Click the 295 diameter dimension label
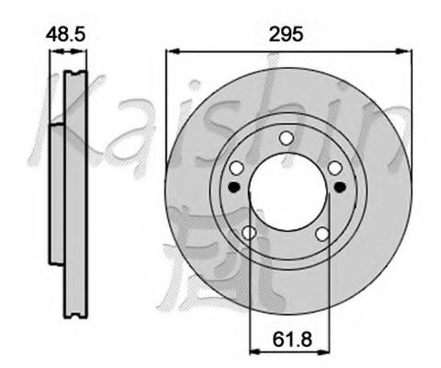pyautogui.click(x=286, y=34)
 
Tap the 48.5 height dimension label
pyautogui.click(x=65, y=34)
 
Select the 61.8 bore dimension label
pyautogui.click(x=292, y=339)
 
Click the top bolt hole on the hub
pyautogui.click(x=287, y=138)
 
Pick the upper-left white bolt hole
pyautogui.click(x=237, y=167)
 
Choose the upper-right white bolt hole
pyautogui.click(x=335, y=167)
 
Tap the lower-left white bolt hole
pyautogui.click(x=249, y=233)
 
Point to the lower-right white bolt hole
pyautogui.click(x=322, y=235)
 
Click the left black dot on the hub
pyautogui.click(x=234, y=187)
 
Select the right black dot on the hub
pyautogui.click(x=340, y=187)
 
